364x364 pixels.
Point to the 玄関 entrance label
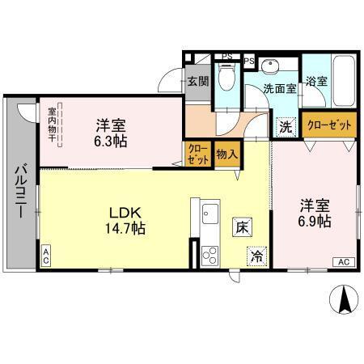click(198, 81)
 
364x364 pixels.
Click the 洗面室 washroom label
click(279, 88)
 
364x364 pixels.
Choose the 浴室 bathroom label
click(316, 82)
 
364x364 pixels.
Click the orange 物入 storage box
click(226, 154)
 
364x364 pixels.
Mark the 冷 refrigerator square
click(256, 256)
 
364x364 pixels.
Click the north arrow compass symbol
click(343, 301)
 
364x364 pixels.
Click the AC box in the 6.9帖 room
click(343, 261)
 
